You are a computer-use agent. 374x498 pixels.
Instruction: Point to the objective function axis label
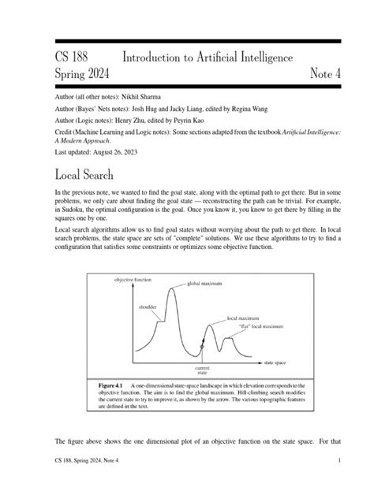(x=133, y=281)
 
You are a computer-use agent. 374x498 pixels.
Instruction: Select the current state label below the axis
(x=202, y=370)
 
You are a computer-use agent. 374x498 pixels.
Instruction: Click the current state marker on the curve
(x=202, y=347)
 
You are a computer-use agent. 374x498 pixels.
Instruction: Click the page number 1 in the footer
(x=338, y=481)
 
